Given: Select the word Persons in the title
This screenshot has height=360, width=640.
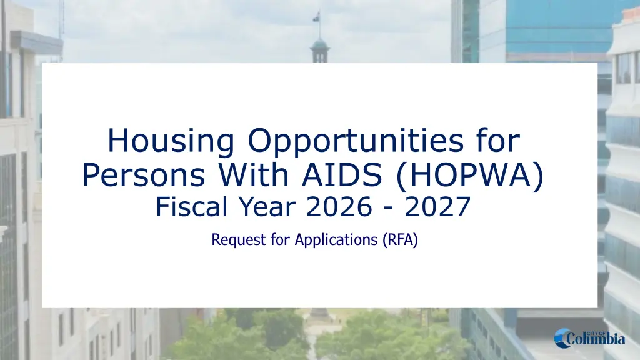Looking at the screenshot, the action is (x=144, y=174).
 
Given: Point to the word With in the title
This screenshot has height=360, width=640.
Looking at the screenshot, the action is (x=254, y=174).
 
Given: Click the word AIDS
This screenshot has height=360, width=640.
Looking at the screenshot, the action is (x=342, y=174).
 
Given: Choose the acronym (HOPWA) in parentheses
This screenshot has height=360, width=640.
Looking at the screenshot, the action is (x=470, y=176).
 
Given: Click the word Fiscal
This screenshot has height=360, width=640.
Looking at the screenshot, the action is (x=191, y=206).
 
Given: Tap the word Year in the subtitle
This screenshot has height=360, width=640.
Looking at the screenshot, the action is (x=267, y=206).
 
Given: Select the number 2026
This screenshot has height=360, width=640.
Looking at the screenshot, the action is (x=339, y=206).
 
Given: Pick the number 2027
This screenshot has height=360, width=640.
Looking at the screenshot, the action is (x=438, y=206).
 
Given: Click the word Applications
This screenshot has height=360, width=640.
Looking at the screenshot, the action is (x=336, y=240).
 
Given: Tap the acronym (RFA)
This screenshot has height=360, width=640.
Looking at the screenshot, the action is (x=401, y=239).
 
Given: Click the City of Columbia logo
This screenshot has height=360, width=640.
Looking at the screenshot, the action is (x=589, y=338).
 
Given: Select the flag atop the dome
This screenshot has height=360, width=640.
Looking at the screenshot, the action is (x=316, y=17).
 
